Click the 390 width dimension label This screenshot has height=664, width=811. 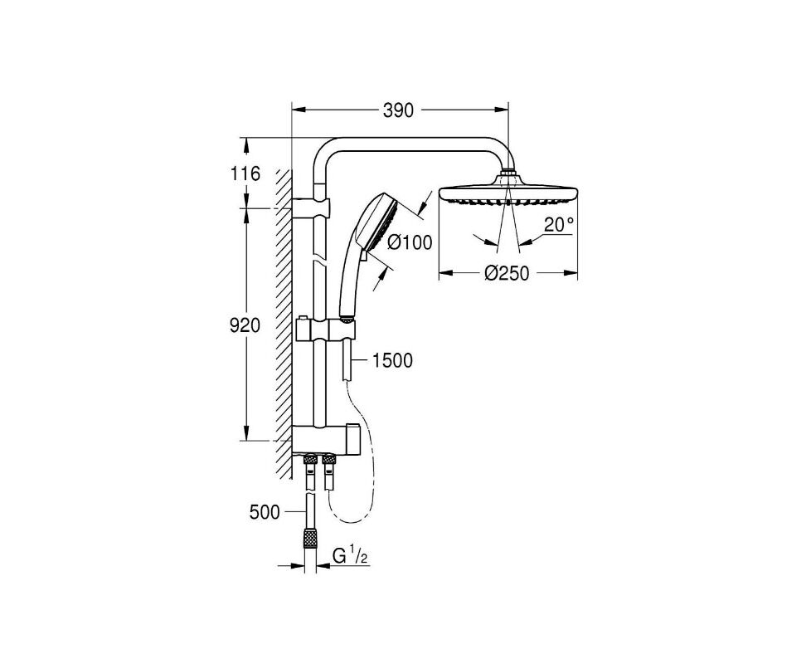coord(398,110)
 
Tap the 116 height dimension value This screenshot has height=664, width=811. coord(245,174)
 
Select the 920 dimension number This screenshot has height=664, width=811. coord(245,325)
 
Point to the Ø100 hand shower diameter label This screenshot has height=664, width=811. coord(410,242)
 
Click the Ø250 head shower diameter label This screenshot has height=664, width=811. coord(507,273)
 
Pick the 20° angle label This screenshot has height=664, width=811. coord(559,225)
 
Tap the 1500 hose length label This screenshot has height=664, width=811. coord(392,360)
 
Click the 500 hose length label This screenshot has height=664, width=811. coord(265,512)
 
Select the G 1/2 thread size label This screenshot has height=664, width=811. coord(350,556)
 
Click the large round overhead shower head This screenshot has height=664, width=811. coord(507,192)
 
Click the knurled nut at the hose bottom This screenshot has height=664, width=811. coord(310,537)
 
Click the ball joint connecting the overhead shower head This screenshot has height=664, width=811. coord(507,173)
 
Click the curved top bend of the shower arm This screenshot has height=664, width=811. coord(327,151)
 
